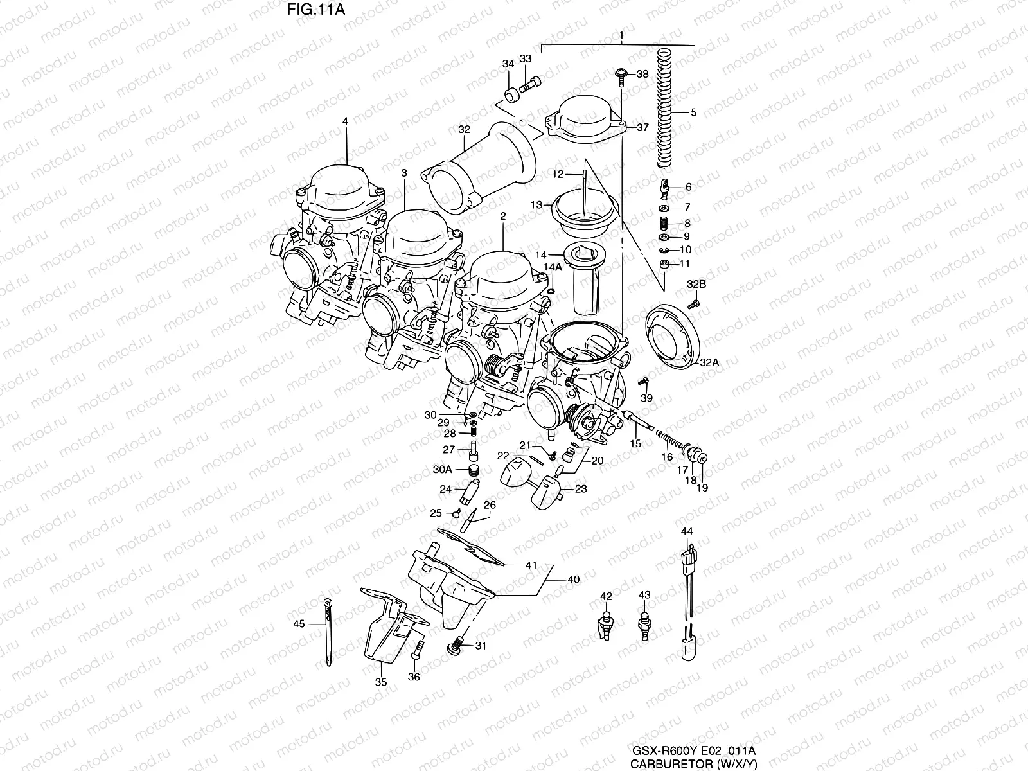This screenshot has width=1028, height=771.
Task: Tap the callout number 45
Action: coord(299,623)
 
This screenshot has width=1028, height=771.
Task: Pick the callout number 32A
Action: coord(709,362)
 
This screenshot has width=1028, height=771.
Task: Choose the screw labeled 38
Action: coord(622,75)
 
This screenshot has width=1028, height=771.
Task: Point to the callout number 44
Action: coord(687,531)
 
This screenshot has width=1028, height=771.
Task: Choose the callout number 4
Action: coord(345,120)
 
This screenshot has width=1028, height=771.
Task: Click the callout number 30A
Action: coord(442,470)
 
